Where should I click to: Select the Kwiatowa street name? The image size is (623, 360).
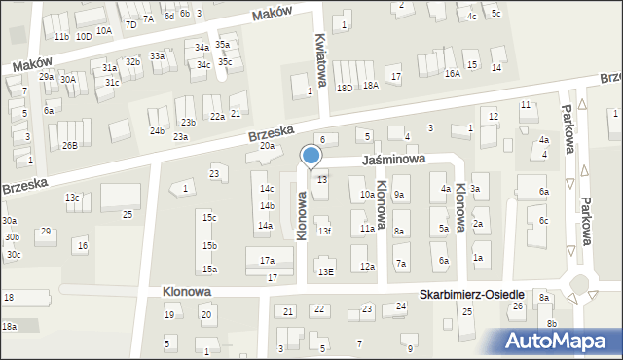click(319, 47)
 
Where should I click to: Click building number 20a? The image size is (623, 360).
click(267, 146)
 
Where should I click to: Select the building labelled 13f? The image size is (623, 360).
click(324, 231)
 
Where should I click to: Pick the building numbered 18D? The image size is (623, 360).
click(344, 88)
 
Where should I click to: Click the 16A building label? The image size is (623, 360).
click(452, 73)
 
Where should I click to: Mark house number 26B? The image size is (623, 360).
click(70, 146)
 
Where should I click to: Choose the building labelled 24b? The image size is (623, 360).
click(157, 131)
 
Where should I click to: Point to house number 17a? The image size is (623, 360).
click(267, 261)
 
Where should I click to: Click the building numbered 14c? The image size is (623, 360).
click(266, 189)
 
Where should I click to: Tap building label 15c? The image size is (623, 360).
click(209, 218)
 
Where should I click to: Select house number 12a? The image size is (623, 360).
click(366, 266)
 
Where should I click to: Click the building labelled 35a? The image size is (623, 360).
click(223, 45)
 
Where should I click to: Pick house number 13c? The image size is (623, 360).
click(72, 198)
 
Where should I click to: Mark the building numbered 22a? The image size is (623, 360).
click(217, 117)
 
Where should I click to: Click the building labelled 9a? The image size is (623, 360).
click(399, 195)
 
